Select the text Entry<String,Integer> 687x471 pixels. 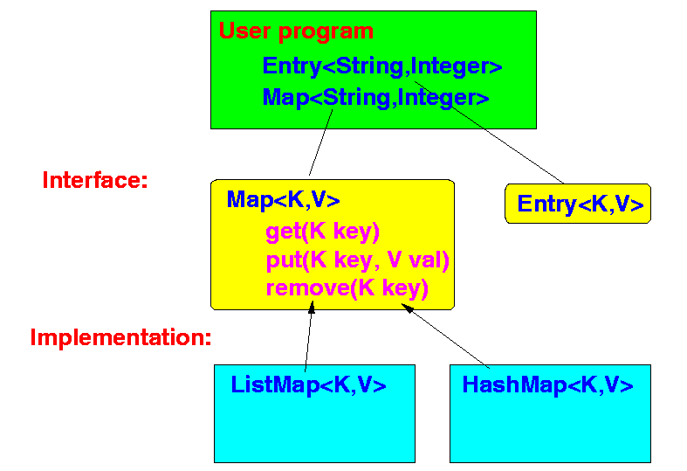[382, 66]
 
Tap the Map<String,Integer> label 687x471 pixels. [375, 97]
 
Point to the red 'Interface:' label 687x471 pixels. [95, 180]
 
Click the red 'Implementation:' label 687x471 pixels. [121, 337]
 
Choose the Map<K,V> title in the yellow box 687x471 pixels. [283, 199]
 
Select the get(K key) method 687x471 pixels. [322, 232]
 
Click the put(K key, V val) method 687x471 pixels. [358, 260]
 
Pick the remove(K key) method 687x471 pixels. [347, 288]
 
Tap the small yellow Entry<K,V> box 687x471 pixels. [578, 204]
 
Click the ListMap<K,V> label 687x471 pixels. [308, 385]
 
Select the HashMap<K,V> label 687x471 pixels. [547, 385]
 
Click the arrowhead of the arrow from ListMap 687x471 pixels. [312, 307]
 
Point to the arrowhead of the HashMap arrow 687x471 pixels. [407, 308]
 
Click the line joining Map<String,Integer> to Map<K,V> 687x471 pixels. [320, 142]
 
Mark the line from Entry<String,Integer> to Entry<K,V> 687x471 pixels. [489, 132]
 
